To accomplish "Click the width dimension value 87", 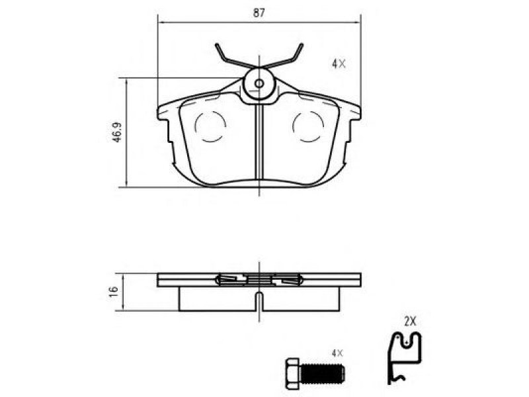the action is tap(259, 13).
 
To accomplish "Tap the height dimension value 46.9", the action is tap(117, 132).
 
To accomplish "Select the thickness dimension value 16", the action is tap(113, 292).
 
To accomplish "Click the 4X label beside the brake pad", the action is tap(339, 64).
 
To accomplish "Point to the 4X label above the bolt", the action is tap(337, 353).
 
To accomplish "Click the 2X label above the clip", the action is tap(410, 322).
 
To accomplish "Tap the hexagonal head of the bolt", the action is tap(292, 373).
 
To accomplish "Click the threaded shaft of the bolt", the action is tap(323, 373).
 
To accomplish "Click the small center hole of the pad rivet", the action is tap(259, 83).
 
